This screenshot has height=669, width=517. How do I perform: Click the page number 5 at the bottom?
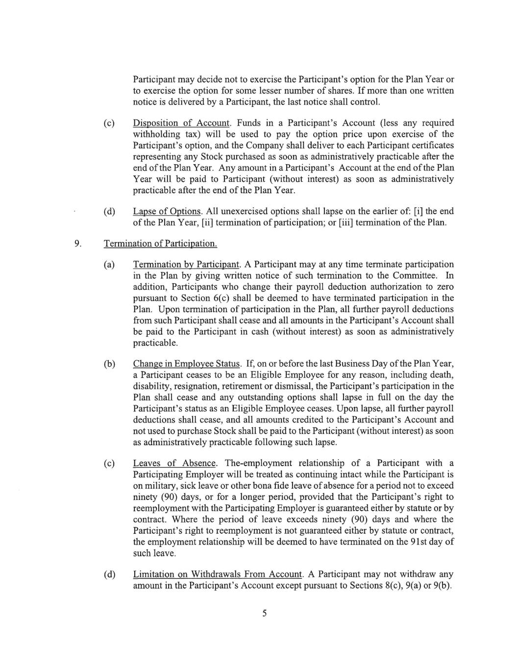tap(264, 613)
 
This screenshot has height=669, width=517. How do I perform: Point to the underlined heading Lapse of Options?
tap(167, 211)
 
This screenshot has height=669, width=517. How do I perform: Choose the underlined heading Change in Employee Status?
tap(187, 364)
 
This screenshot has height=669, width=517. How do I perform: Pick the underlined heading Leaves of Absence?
tap(174, 463)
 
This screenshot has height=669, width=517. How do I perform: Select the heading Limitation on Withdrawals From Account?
tap(218, 574)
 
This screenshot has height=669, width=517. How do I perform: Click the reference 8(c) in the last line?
tap(395, 586)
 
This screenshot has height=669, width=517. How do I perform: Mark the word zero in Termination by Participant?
tap(444, 287)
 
